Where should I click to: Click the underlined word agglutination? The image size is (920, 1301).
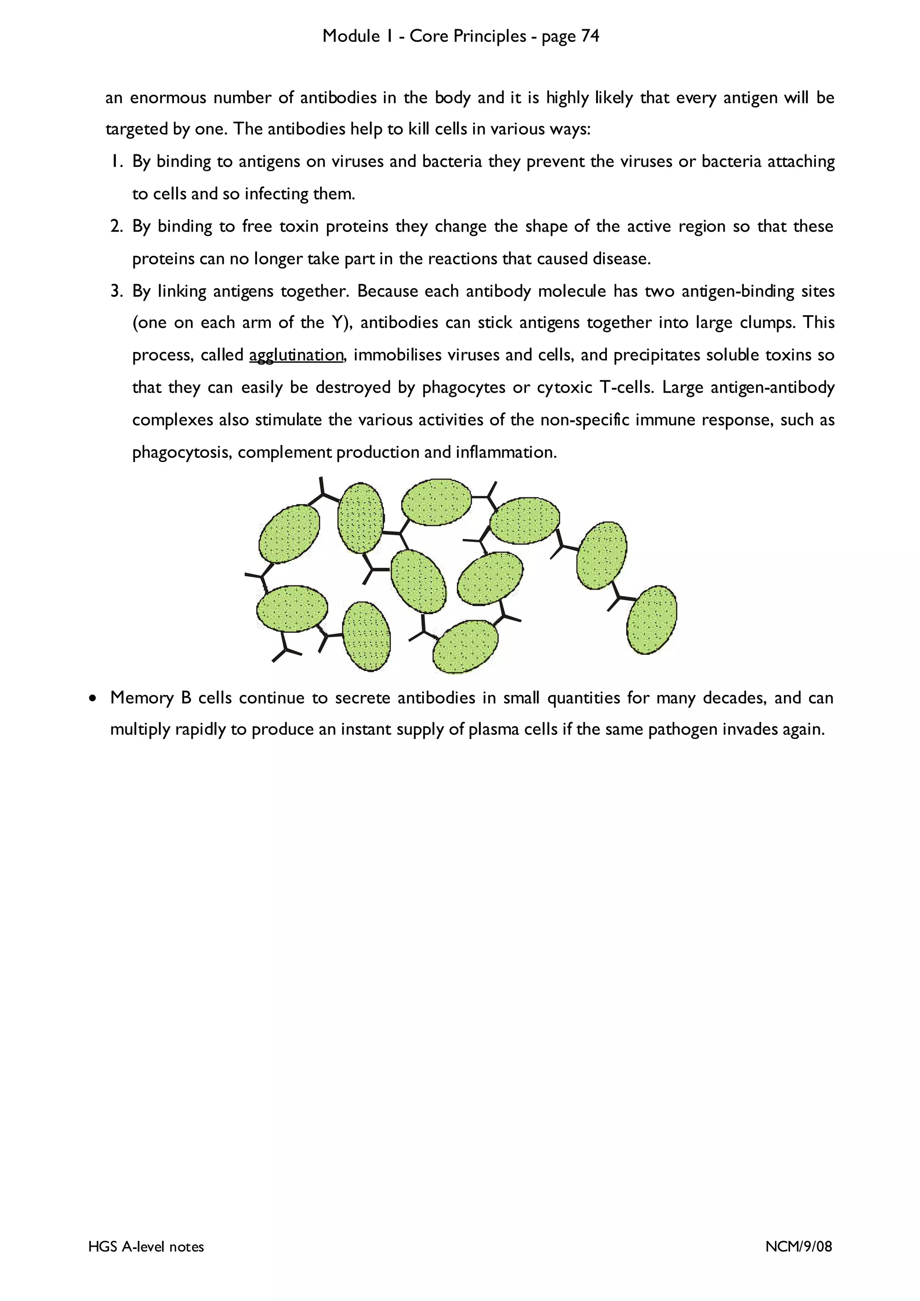[296, 355]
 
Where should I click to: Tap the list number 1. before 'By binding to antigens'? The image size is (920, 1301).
[117, 162]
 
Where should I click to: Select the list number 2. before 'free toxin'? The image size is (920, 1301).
[117, 227]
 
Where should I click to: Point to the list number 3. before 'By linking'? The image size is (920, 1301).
[117, 291]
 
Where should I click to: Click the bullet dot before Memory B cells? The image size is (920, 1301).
[93, 699]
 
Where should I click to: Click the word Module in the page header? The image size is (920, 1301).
[351, 36]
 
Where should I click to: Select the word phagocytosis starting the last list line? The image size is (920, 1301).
[181, 453]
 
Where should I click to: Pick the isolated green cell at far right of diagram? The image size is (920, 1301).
[652, 620]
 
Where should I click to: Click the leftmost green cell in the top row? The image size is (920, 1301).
[289, 534]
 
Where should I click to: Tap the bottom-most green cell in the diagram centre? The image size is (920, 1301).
[465, 646]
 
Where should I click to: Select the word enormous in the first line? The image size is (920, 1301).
[168, 97]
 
